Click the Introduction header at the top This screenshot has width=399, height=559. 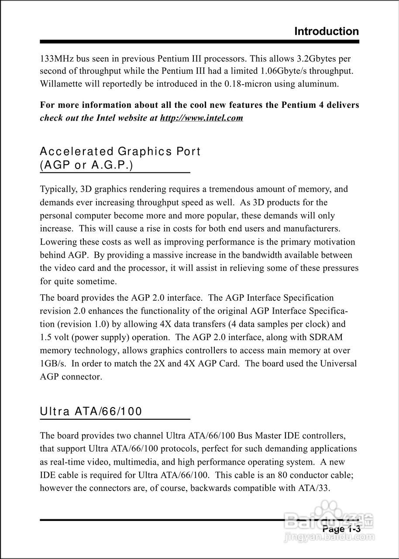(327, 31)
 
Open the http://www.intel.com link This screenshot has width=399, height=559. (202, 118)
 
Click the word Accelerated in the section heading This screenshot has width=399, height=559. (76, 152)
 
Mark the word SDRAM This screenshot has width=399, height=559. (327, 337)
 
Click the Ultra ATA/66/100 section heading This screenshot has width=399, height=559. (91, 411)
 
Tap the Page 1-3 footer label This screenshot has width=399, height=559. (341, 529)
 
